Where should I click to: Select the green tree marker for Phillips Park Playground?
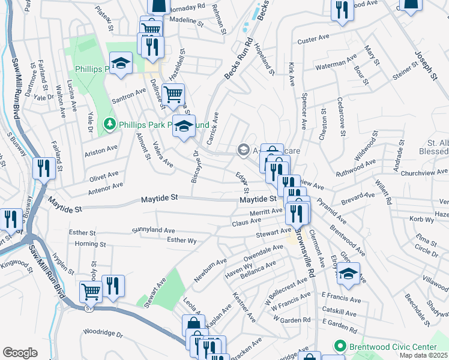[109, 124]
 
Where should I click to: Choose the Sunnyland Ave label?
[153, 230]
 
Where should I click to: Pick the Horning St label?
[91, 244]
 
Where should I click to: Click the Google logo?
[20, 352]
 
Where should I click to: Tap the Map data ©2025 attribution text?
[424, 355]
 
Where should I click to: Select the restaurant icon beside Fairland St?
[44, 167]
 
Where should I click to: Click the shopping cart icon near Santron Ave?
[173, 94]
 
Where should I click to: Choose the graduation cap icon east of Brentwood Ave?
[349, 273]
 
